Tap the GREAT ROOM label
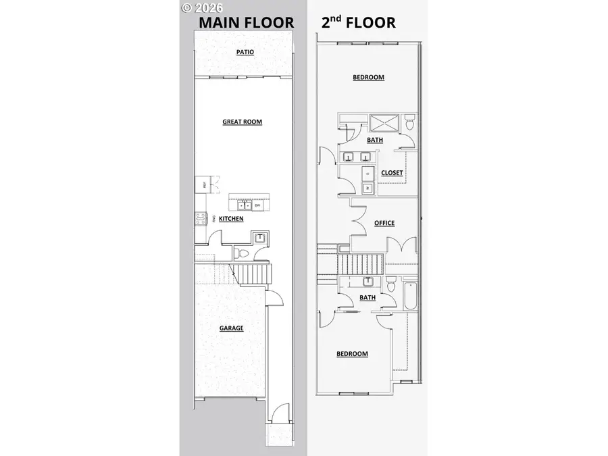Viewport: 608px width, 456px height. coord(242,122)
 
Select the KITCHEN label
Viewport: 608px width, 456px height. coord(231,219)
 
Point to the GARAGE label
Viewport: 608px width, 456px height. coord(231,328)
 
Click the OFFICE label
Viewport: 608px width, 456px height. coord(384,223)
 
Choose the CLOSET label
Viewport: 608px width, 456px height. coord(392,173)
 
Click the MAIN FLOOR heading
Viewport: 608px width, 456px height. coord(246,22)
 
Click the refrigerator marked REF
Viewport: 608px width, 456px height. coord(201,184)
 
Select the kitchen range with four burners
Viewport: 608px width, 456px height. coord(200,218)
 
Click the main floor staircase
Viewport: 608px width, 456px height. coord(253,274)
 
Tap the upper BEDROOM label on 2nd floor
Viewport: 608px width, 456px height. coord(368,77)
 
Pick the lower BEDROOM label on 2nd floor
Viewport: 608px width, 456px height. coord(352,354)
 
